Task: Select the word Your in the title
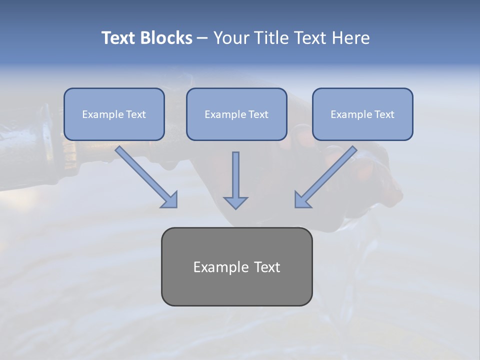[x=230, y=38]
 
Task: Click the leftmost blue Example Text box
[x=114, y=114]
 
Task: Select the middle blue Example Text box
[x=236, y=114]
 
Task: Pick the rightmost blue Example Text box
[x=362, y=114]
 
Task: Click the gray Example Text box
[x=236, y=267]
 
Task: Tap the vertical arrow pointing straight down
[x=235, y=175]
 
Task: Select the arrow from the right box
[x=327, y=175]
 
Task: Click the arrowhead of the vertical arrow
[x=235, y=202]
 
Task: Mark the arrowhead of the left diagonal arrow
[x=170, y=200]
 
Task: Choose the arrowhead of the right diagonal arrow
[x=302, y=200]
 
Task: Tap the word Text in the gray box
[x=266, y=267]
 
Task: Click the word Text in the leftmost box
[x=135, y=114]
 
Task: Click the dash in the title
[x=202, y=38]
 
